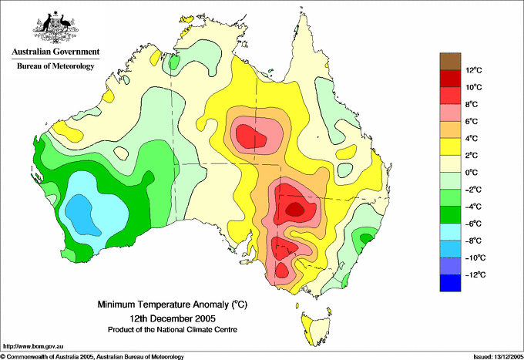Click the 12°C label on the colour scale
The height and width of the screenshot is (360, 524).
point(474,70)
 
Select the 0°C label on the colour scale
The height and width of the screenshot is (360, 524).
point(472,173)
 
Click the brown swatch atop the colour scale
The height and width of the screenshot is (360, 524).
point(450,61)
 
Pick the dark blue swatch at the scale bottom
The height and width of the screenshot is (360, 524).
point(450,283)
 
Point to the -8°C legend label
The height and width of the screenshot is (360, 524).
point(473,241)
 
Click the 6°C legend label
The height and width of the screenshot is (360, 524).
point(472,121)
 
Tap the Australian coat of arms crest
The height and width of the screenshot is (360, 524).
point(55,27)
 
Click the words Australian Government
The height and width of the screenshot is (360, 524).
point(55,52)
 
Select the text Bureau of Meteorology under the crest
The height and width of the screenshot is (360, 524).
point(55,66)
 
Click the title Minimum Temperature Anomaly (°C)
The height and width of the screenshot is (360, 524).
point(173,304)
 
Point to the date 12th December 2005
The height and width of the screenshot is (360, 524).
point(173,318)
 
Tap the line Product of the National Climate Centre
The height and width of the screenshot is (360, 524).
point(173,330)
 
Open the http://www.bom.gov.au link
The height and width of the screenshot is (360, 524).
point(33,346)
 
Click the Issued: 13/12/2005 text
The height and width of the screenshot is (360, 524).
point(499,357)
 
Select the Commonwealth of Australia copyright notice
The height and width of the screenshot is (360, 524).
point(92,357)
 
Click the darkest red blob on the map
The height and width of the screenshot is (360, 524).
point(294,210)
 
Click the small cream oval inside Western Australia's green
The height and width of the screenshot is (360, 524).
point(121,153)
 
